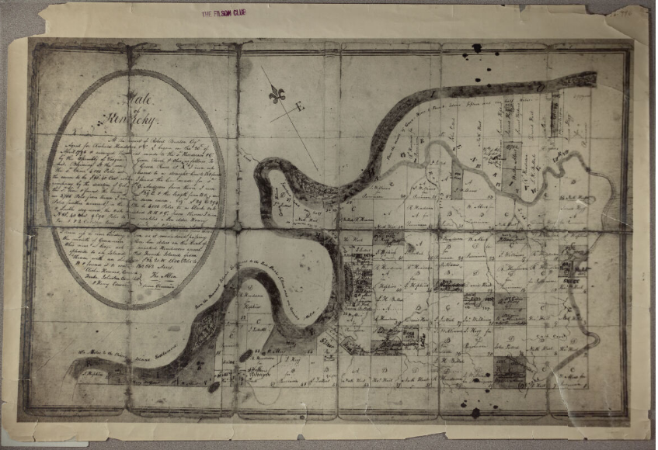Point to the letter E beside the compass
(x=299, y=109)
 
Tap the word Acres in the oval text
(x=165, y=265)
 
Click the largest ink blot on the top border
(x=476, y=48)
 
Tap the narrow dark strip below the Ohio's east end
(x=555, y=113)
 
